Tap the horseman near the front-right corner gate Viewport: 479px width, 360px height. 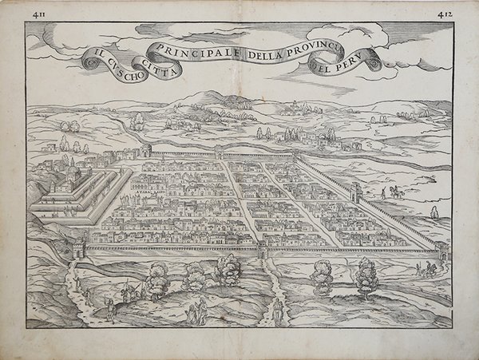click(430, 269)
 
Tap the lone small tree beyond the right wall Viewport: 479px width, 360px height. click(434, 212)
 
